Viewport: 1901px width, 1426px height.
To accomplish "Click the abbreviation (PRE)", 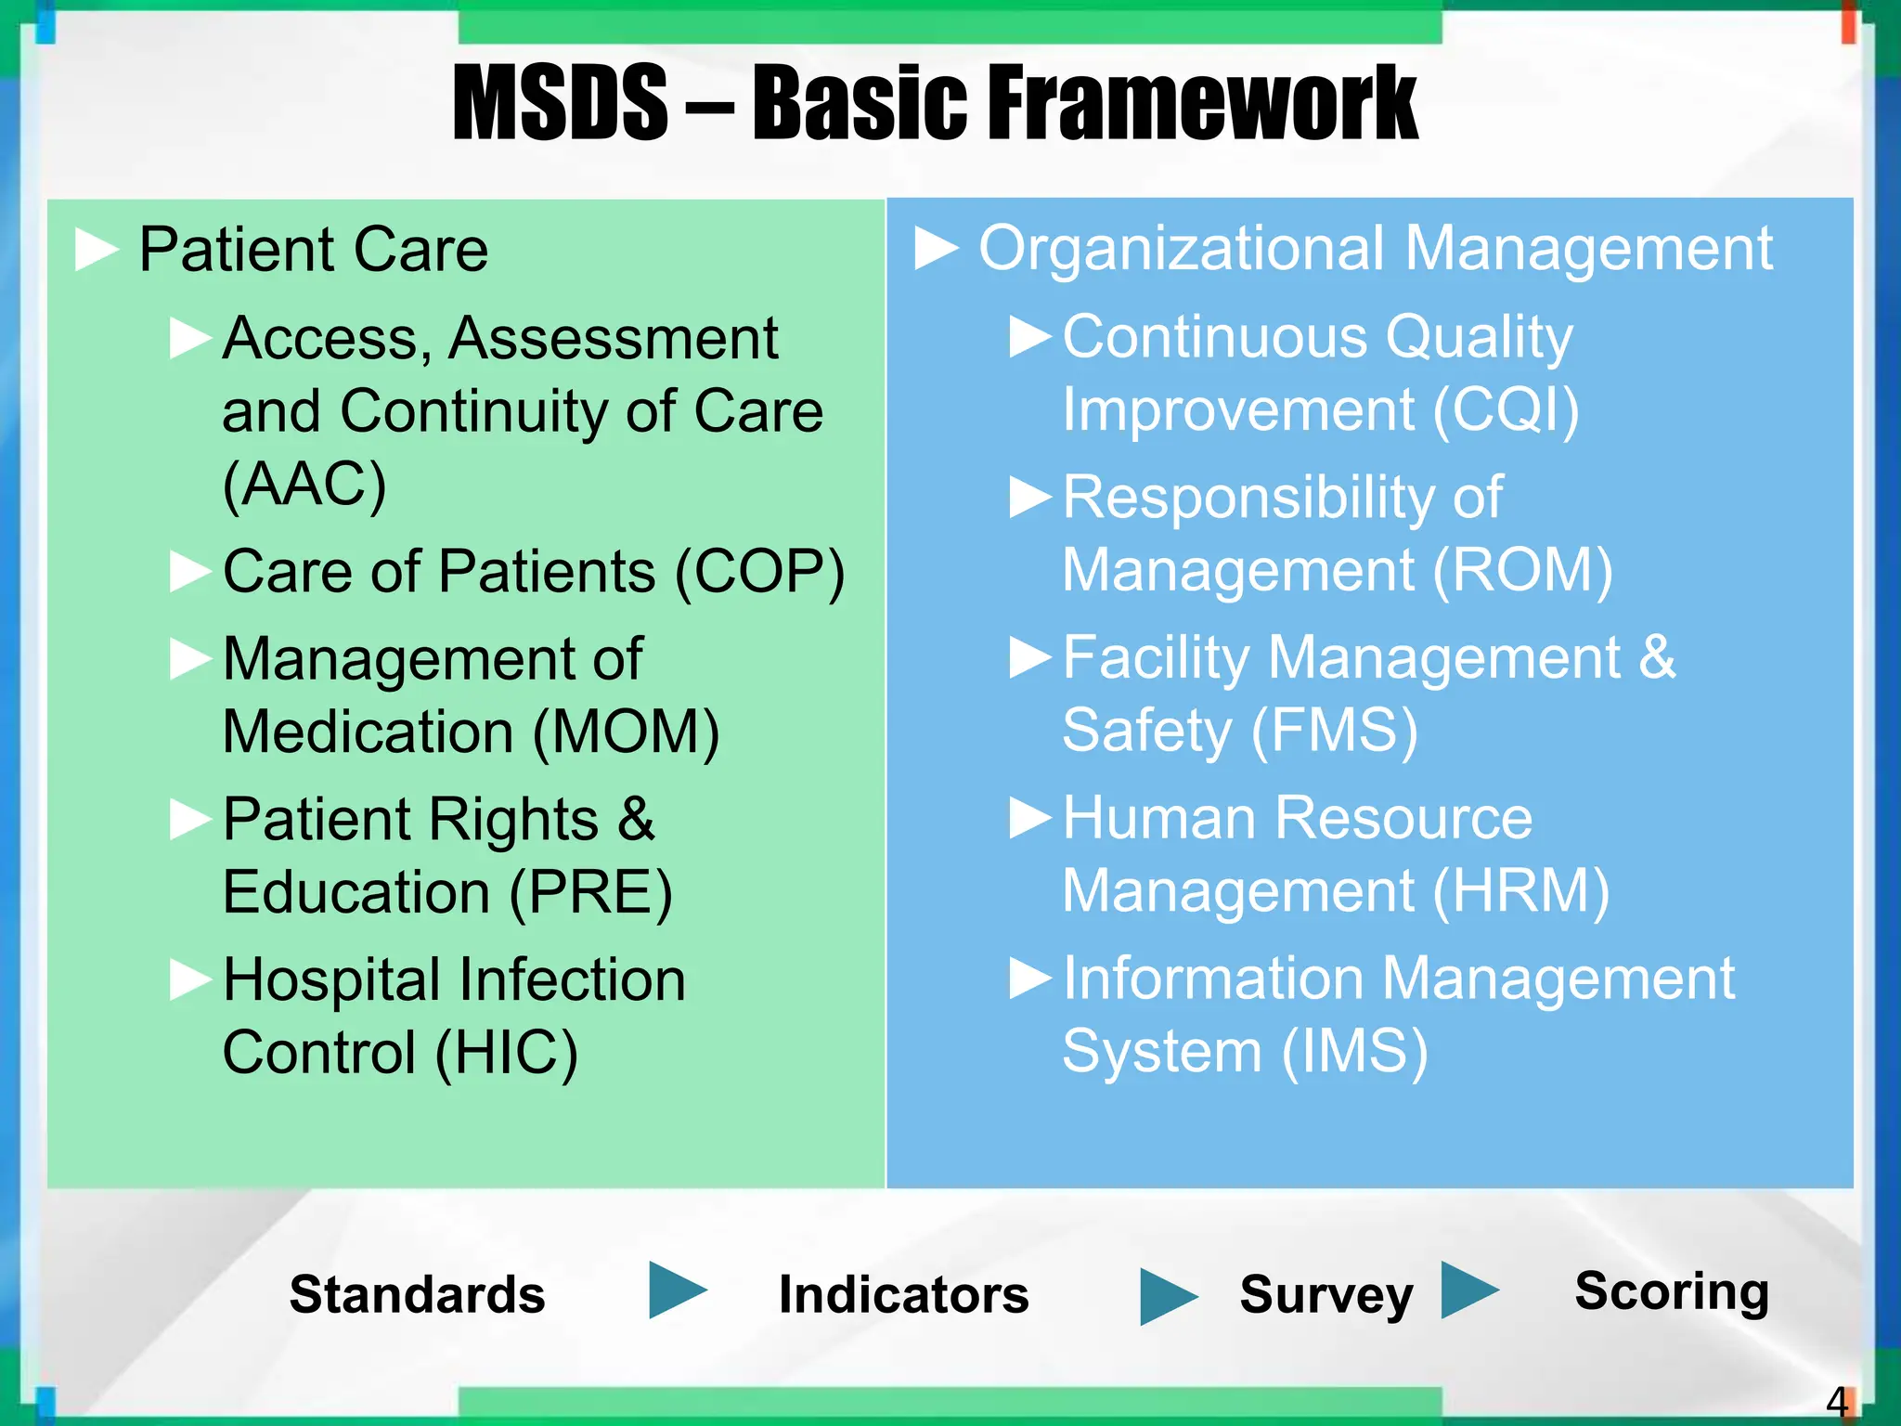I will pyautogui.click(x=590, y=892).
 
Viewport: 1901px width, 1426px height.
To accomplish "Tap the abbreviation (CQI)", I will pyautogui.click(x=1505, y=409).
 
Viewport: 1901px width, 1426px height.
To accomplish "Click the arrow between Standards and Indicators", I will pyautogui.click(x=676, y=1290).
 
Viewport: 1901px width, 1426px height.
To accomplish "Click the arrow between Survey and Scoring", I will pyautogui.click(x=1468, y=1290).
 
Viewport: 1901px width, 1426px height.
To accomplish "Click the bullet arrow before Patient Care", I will pyautogui.click(x=97, y=250).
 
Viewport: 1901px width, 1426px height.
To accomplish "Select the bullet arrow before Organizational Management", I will pyautogui.click(x=936, y=248).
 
